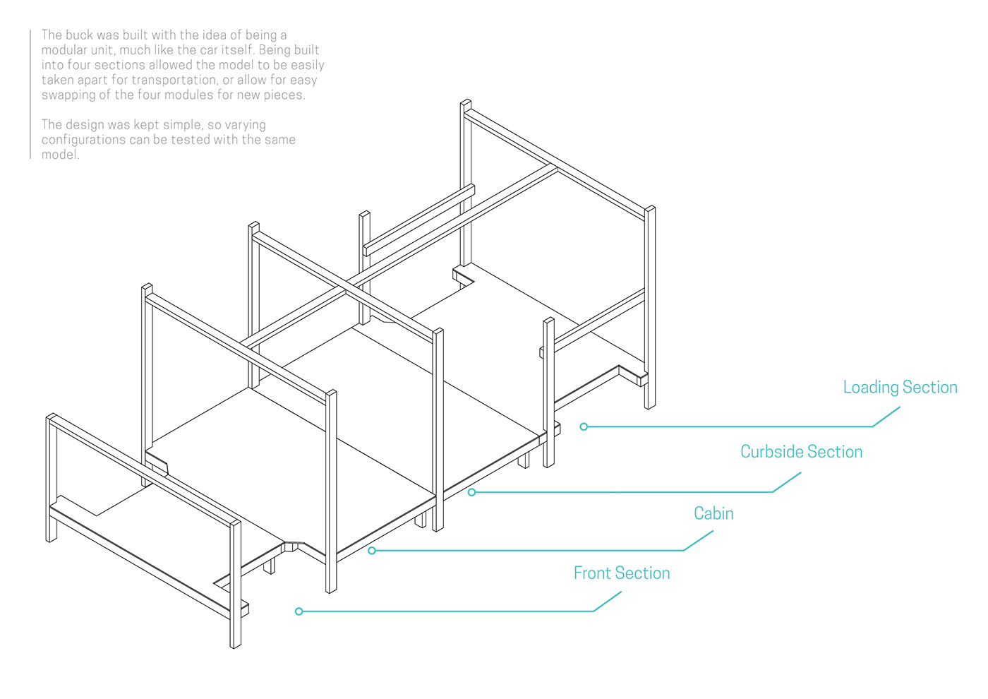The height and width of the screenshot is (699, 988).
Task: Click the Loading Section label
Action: pyautogui.click(x=900, y=388)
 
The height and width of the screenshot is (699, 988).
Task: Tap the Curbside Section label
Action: pyautogui.click(x=802, y=452)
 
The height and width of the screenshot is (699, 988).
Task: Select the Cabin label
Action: pyautogui.click(x=713, y=514)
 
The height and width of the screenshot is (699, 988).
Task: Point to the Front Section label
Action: pyautogui.click(x=622, y=573)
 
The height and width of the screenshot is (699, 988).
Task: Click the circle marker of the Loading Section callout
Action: pyautogui.click(x=584, y=426)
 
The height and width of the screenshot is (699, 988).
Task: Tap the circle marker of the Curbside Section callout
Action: pyautogui.click(x=471, y=492)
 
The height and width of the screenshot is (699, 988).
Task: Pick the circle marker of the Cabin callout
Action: pyautogui.click(x=372, y=551)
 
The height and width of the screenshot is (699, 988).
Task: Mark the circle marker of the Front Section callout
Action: pyautogui.click(x=299, y=611)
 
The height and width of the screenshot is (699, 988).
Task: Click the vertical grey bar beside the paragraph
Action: pyautogui.click(x=30, y=94)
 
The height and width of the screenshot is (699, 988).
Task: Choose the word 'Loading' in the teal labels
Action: pyautogui.click(x=871, y=388)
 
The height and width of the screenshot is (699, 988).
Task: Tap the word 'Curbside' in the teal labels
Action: pyautogui.click(x=771, y=452)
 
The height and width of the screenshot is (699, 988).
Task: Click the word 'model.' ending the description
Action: pyautogui.click(x=61, y=155)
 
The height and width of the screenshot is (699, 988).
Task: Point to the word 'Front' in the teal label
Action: pyautogui.click(x=594, y=573)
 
